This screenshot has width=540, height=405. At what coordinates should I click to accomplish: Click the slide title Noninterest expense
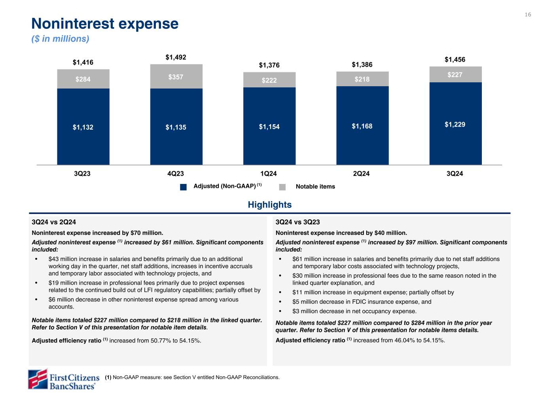(x=105, y=24)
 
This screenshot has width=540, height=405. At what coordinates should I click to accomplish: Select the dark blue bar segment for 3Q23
(x=83, y=126)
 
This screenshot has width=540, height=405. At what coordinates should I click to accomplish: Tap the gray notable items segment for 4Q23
(x=176, y=76)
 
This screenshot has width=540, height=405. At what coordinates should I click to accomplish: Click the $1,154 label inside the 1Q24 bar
(x=269, y=127)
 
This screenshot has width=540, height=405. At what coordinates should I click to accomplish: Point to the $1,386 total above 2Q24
(x=362, y=65)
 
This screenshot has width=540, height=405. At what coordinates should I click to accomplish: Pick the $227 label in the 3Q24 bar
(x=455, y=74)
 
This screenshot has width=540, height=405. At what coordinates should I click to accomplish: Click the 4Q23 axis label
(x=176, y=174)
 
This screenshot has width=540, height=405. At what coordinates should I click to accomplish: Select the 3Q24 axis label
(x=455, y=174)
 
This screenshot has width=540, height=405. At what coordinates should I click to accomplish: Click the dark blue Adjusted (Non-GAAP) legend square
(x=183, y=187)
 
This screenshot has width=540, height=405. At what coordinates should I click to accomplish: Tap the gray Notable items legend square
(x=282, y=187)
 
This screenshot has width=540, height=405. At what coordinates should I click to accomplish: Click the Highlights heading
(x=270, y=205)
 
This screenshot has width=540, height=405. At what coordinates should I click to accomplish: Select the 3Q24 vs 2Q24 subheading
(x=54, y=222)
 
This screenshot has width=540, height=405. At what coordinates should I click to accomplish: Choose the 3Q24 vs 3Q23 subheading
(x=297, y=222)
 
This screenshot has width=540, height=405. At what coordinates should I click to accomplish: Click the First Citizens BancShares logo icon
(x=38, y=379)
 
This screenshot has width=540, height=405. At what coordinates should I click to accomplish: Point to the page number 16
(x=528, y=15)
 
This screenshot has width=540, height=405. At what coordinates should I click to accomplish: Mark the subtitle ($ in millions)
(x=60, y=39)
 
